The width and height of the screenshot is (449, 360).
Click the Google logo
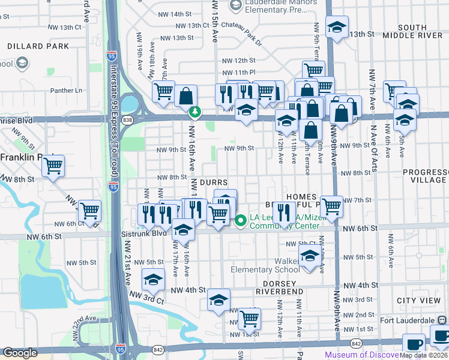pos(20,353)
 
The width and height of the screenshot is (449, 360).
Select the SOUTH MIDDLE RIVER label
pos(420,31)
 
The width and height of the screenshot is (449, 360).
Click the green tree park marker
pos(195,112)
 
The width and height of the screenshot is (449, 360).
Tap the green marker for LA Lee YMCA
pos(241,221)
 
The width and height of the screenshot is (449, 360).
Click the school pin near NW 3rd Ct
pos(153,280)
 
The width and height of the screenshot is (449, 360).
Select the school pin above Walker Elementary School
pos(310,256)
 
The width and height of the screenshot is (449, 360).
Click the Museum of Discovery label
pos(361,355)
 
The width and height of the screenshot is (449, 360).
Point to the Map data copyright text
pos(423,355)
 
